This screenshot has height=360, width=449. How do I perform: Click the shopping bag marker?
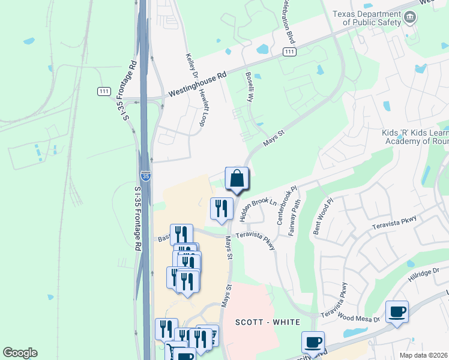click(237, 178)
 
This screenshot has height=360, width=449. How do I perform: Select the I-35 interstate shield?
click(145, 176)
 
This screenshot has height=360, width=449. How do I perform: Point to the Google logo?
click(20, 353)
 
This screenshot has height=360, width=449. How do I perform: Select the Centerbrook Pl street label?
click(286, 205)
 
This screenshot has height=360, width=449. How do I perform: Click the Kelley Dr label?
click(192, 66)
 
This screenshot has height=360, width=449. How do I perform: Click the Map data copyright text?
click(424, 355)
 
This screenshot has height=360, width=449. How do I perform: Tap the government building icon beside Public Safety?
click(410, 17)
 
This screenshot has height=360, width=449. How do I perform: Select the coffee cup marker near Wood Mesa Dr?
click(397, 312)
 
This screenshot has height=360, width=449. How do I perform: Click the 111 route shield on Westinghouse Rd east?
click(289, 52)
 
